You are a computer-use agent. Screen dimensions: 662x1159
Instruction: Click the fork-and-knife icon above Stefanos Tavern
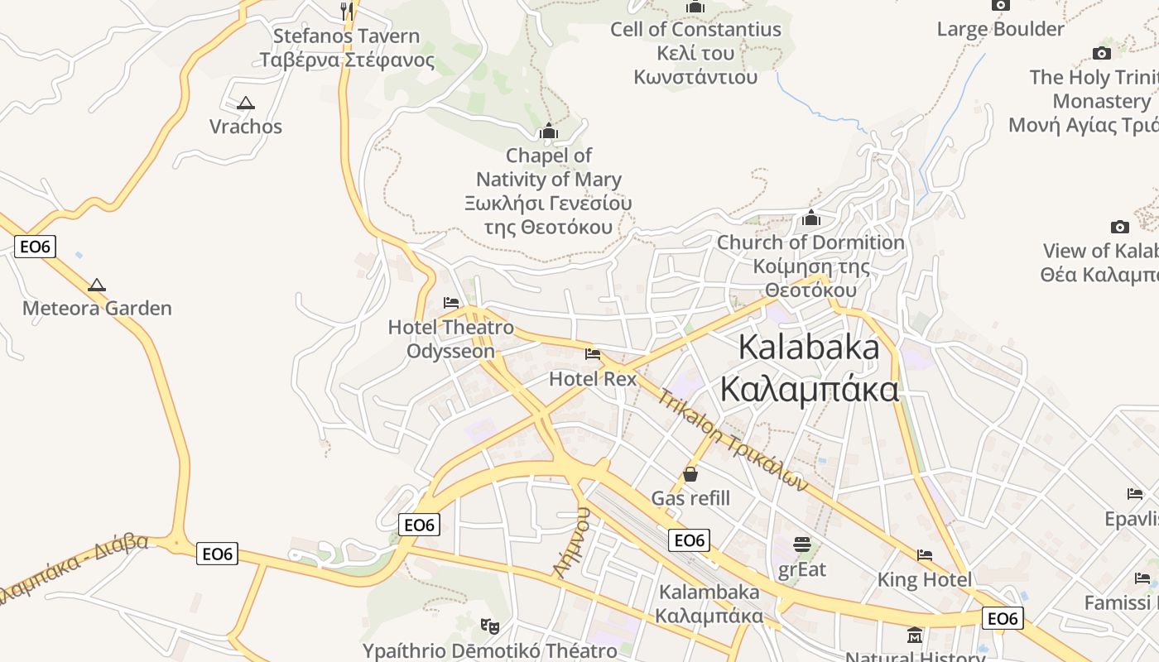348,10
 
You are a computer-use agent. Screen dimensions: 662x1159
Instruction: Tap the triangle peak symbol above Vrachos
245,103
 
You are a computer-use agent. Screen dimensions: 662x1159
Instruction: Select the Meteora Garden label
97,309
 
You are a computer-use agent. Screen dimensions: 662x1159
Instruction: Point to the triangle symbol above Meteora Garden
97,285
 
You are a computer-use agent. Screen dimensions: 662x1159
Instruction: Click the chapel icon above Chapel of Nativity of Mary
549,131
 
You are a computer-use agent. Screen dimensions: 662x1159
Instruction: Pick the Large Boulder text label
1000,30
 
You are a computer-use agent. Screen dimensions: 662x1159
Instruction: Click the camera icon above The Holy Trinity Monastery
1101,54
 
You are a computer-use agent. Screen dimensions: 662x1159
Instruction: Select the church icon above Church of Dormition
811,218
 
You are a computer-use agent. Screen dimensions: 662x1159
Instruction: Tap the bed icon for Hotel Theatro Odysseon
451,303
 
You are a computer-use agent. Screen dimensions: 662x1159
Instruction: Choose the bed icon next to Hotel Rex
593,354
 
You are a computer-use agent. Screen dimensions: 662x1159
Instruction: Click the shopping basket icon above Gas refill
690,474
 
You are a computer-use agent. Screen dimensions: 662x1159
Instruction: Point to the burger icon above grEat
801,544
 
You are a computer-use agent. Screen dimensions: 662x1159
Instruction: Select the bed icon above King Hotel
925,555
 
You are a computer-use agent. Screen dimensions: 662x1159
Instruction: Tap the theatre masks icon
490,626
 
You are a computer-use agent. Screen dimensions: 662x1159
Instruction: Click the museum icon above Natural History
915,636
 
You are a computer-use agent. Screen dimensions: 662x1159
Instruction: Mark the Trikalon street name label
733,439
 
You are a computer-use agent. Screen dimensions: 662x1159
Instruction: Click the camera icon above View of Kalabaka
1119,227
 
